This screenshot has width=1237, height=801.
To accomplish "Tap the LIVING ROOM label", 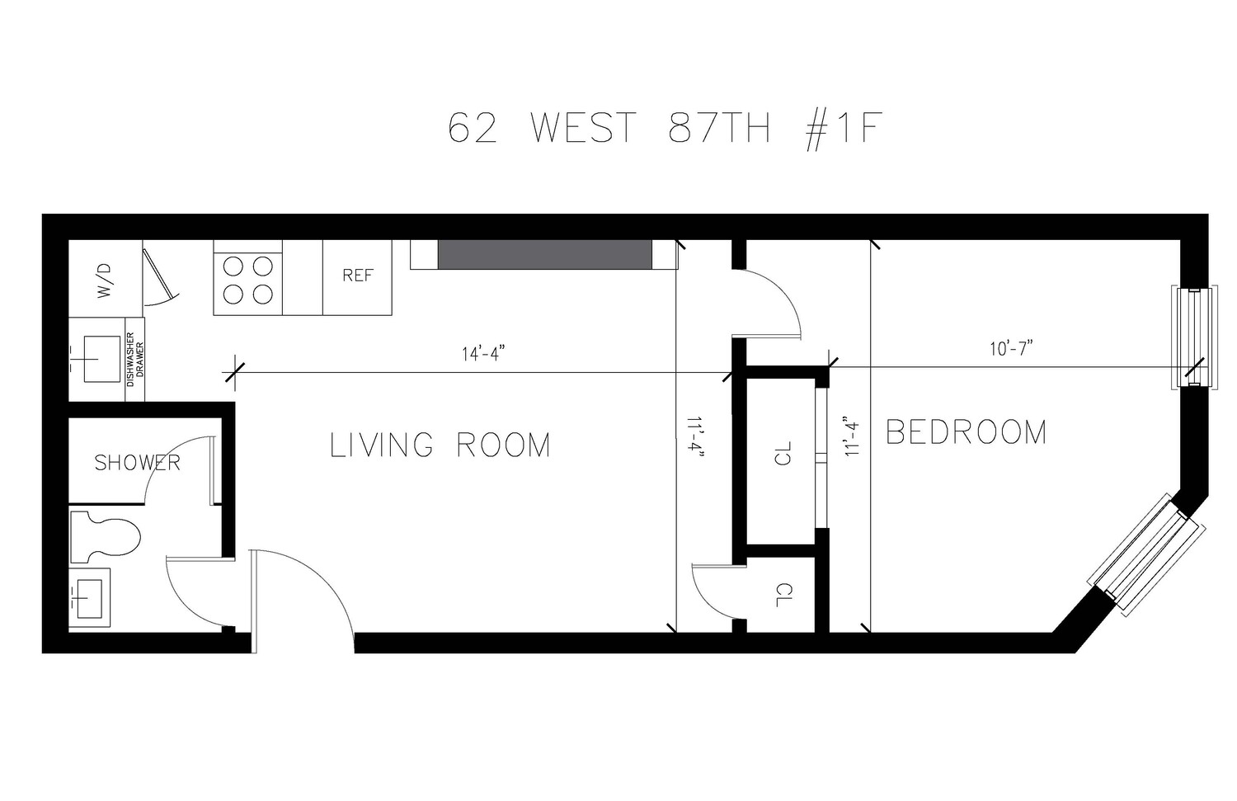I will point(440,445).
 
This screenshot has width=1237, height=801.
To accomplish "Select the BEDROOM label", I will point(966,432).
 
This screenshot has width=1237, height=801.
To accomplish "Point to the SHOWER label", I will point(137,463).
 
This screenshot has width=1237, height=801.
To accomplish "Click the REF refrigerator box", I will point(358,277).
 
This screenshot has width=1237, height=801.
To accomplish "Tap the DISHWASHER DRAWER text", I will point(134,360).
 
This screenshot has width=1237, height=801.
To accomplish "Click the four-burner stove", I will point(247,278).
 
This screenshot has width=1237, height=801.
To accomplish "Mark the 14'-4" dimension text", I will point(483,354).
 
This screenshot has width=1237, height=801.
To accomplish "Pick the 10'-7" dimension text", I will point(1012,349).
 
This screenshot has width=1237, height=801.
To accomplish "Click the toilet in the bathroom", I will point(105,537).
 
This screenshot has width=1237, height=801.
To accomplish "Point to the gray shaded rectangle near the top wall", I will point(544,255).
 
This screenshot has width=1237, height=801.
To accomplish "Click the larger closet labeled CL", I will point(782,453).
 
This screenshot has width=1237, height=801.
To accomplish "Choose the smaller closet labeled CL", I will point(782,595).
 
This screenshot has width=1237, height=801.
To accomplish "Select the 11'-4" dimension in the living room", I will point(691,438).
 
